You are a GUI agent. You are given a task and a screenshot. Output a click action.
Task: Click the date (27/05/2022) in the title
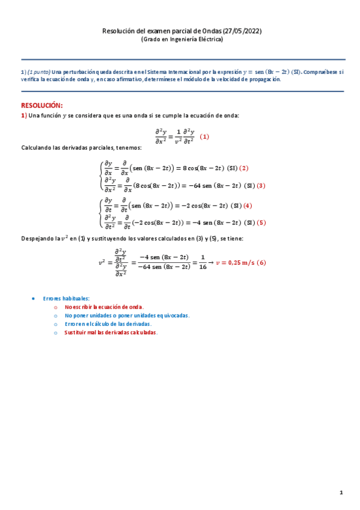click(243, 31)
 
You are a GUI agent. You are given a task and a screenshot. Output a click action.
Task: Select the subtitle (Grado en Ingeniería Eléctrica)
click(182, 40)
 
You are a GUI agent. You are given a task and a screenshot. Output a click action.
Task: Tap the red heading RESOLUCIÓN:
click(41, 105)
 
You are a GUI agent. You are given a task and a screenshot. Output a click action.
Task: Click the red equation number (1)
click(204, 137)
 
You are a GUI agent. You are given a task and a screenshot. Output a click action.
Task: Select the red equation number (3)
click(261, 185)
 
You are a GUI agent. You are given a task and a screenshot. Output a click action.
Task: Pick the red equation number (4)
click(248, 205)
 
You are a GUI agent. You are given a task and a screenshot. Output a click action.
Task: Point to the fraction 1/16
click(202, 262)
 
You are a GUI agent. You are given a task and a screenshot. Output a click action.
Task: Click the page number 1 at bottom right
click(341, 493)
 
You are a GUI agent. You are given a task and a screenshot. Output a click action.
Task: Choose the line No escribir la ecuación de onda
click(104, 307)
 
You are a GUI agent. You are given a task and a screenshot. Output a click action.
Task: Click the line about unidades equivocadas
click(127, 315)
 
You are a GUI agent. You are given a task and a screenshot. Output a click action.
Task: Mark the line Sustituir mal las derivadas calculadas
click(111, 332)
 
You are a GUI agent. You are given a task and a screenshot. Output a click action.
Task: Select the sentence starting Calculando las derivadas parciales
click(81, 148)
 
